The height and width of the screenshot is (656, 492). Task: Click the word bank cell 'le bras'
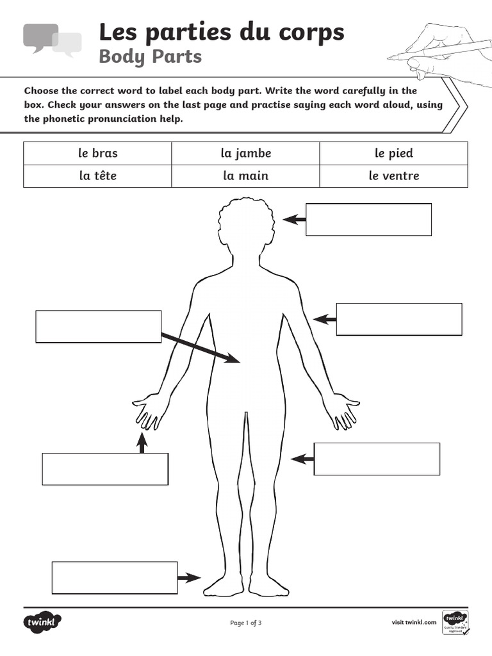point(98,153)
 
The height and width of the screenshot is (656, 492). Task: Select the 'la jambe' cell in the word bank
point(245,153)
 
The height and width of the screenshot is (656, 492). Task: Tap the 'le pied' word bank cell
point(393,153)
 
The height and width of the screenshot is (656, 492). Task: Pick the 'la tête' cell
point(98,176)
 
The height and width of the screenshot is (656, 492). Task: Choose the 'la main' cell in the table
point(245,176)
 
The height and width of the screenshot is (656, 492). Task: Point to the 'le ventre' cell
point(393,176)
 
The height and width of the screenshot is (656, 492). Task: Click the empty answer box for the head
point(368,219)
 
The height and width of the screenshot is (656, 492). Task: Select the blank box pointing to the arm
point(398,319)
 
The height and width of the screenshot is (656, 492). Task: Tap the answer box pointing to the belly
point(98,326)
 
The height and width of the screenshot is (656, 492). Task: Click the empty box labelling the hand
point(105,469)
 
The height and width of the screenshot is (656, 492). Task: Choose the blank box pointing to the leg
point(377,459)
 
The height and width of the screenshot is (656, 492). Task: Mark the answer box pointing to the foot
point(114,578)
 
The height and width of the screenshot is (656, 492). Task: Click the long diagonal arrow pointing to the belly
point(200,348)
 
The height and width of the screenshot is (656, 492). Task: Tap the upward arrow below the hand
point(142,443)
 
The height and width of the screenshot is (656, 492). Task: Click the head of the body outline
point(246,224)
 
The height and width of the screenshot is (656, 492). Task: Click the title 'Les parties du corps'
point(221,31)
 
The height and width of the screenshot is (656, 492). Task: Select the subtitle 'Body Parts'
point(150,56)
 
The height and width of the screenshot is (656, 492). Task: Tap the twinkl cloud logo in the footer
point(42,622)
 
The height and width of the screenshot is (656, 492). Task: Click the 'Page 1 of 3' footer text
point(245,622)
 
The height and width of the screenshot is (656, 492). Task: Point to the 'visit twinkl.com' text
point(414,622)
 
